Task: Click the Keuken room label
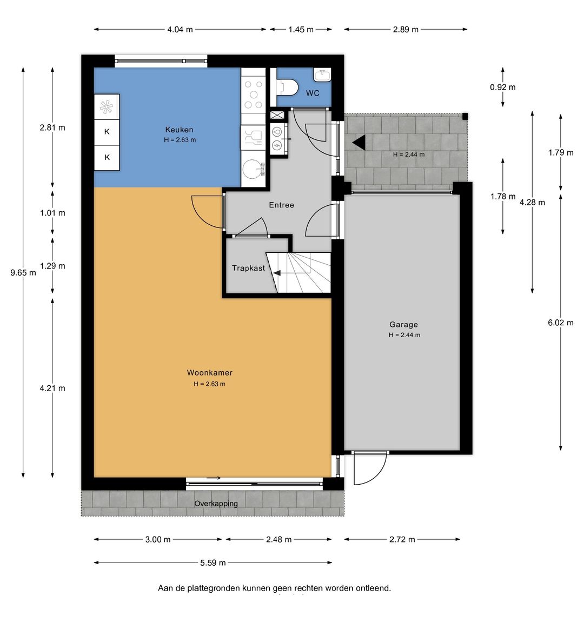coord(179,130)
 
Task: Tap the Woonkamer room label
coord(210,373)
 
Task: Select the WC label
coord(313,93)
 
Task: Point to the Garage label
coord(403,325)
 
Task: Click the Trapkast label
coord(248,268)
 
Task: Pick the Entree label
coord(282,205)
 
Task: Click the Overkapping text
coord(216,504)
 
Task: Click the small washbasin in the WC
coord(322,75)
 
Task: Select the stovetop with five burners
coord(254,95)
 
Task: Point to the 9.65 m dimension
coord(23,273)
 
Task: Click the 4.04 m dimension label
coord(180,29)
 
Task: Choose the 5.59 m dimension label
coord(213,563)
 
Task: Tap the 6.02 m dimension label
coord(561,323)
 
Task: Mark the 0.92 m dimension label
coord(503,87)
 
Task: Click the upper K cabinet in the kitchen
coord(107,131)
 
